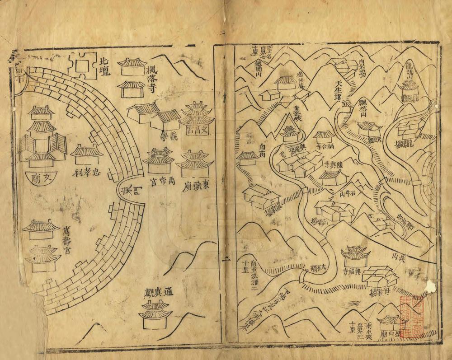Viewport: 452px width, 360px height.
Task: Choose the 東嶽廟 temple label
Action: click(x=195, y=184)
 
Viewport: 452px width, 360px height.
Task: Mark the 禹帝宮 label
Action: click(x=159, y=184)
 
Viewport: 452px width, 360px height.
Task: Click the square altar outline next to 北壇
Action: click(x=81, y=66)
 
